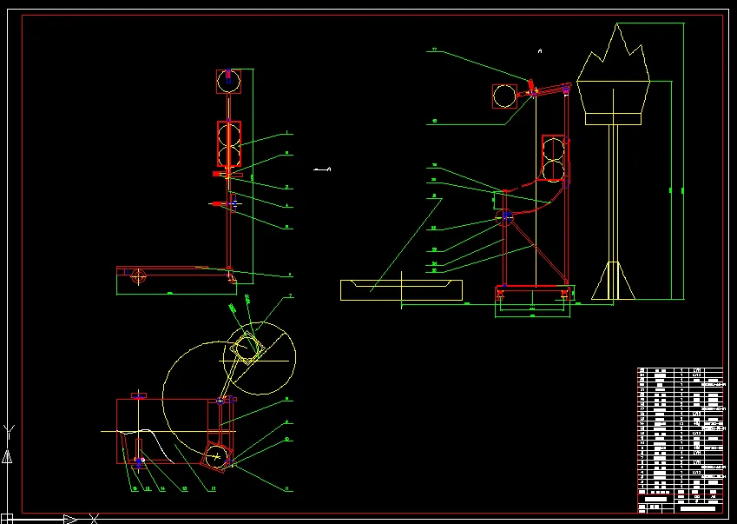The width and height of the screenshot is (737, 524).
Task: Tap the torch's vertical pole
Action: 614,191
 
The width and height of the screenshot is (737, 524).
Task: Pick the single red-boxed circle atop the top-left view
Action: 228,82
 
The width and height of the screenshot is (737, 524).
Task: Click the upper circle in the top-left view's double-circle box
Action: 229,133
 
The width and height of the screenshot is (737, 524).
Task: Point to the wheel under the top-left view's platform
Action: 138,276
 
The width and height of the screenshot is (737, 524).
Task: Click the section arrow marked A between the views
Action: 323,169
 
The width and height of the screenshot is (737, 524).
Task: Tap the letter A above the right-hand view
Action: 540,52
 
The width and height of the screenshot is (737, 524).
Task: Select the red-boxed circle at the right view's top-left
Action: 505,96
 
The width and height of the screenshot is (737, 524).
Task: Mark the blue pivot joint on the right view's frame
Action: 506,215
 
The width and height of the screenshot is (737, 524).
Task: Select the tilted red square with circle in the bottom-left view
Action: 216,454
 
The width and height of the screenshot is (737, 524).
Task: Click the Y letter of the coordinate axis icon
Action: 8,430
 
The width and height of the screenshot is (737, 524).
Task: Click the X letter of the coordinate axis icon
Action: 94,520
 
